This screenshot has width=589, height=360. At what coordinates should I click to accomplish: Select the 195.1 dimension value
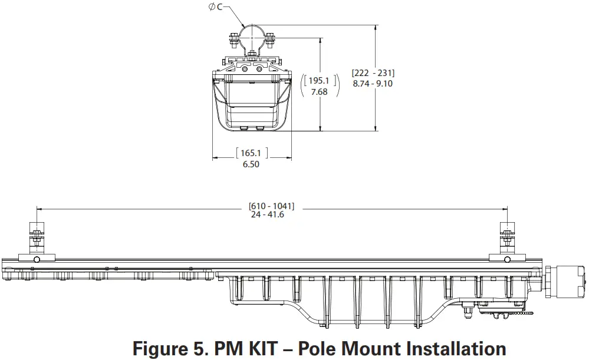click(x=319, y=81)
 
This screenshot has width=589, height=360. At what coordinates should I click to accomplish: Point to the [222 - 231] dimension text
click(x=373, y=72)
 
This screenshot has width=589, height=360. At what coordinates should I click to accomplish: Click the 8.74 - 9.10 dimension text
click(x=373, y=83)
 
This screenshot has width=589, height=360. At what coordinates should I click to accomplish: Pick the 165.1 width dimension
click(x=251, y=153)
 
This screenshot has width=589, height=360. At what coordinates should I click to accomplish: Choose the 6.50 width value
click(x=251, y=164)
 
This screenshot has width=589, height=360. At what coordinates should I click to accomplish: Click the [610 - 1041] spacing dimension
click(x=271, y=206)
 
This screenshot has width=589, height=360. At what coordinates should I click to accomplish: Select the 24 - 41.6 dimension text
click(x=268, y=215)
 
